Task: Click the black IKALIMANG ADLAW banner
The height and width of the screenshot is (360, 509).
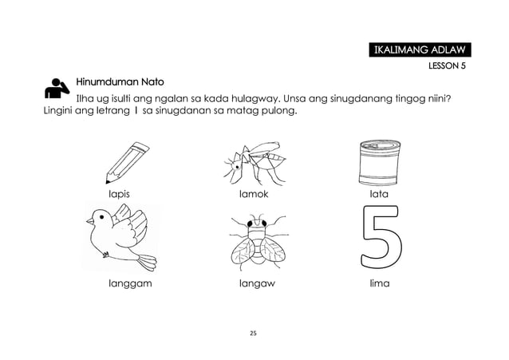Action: point(420,49)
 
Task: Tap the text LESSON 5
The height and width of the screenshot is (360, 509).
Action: point(447,65)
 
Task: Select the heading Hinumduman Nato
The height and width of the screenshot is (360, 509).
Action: point(120,81)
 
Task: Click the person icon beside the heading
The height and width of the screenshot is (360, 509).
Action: point(57,88)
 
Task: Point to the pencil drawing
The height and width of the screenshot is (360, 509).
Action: point(127,162)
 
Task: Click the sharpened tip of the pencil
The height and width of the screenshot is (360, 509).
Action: point(107,182)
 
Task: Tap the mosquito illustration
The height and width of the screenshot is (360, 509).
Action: point(255,164)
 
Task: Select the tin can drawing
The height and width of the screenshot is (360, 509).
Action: point(380,163)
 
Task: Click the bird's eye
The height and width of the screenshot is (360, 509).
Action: point(101,216)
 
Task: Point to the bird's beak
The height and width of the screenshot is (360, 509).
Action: point(89,221)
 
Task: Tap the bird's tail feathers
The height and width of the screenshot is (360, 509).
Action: point(146,262)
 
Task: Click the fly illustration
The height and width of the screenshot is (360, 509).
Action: point(258,242)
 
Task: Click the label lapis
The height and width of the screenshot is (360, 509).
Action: point(119,194)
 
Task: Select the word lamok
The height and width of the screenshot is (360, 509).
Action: point(254,194)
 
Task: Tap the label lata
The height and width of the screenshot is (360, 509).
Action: point(379,194)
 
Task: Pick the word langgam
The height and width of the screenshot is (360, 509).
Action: point(130,283)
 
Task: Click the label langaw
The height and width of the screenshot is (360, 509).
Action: point(257,283)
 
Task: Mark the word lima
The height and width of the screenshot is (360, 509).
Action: point(380,283)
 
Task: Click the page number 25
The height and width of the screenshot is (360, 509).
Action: point(253,333)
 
